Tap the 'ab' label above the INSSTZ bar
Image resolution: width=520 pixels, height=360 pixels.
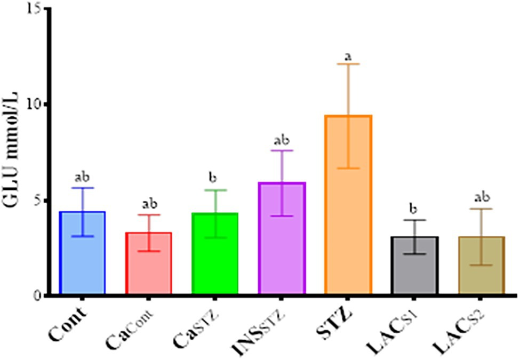[281, 140]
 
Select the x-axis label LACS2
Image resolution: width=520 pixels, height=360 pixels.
[467, 333]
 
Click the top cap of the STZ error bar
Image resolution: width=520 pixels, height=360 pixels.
[348, 64]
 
